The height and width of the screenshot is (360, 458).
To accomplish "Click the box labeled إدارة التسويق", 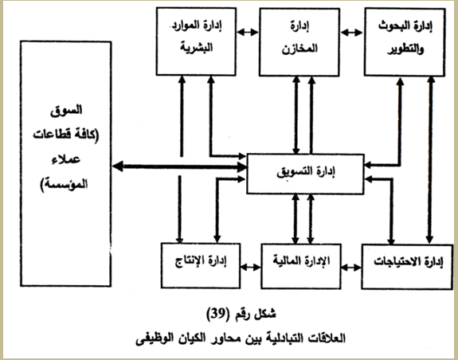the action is [305, 174].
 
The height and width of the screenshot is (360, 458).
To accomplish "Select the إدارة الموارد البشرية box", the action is [196, 41].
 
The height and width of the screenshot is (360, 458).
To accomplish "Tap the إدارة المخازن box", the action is [299, 42].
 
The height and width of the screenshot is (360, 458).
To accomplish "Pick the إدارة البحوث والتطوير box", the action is [405, 42].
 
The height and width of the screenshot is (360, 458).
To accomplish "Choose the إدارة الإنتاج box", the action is [201, 266].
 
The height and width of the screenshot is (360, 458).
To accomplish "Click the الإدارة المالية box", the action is [301, 266].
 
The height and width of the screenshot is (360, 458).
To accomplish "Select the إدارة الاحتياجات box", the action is [407, 267].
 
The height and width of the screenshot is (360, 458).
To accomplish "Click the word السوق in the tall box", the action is [66, 111].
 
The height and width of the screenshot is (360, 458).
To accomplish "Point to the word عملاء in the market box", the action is [66, 160].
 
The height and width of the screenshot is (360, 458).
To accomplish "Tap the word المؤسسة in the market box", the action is [64, 185].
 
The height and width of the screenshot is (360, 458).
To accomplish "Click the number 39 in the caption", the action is [219, 314].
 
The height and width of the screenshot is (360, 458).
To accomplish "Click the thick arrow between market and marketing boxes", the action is [179, 166].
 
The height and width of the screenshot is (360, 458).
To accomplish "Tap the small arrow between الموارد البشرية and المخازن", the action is [248, 32].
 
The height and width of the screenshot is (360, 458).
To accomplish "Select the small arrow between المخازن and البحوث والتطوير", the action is [352, 33].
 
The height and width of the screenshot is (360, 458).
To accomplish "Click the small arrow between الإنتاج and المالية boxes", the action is [251, 267].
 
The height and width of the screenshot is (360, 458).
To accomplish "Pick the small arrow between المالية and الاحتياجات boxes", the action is [351, 267].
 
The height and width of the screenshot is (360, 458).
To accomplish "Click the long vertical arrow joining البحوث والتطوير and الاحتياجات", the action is [429, 160].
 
